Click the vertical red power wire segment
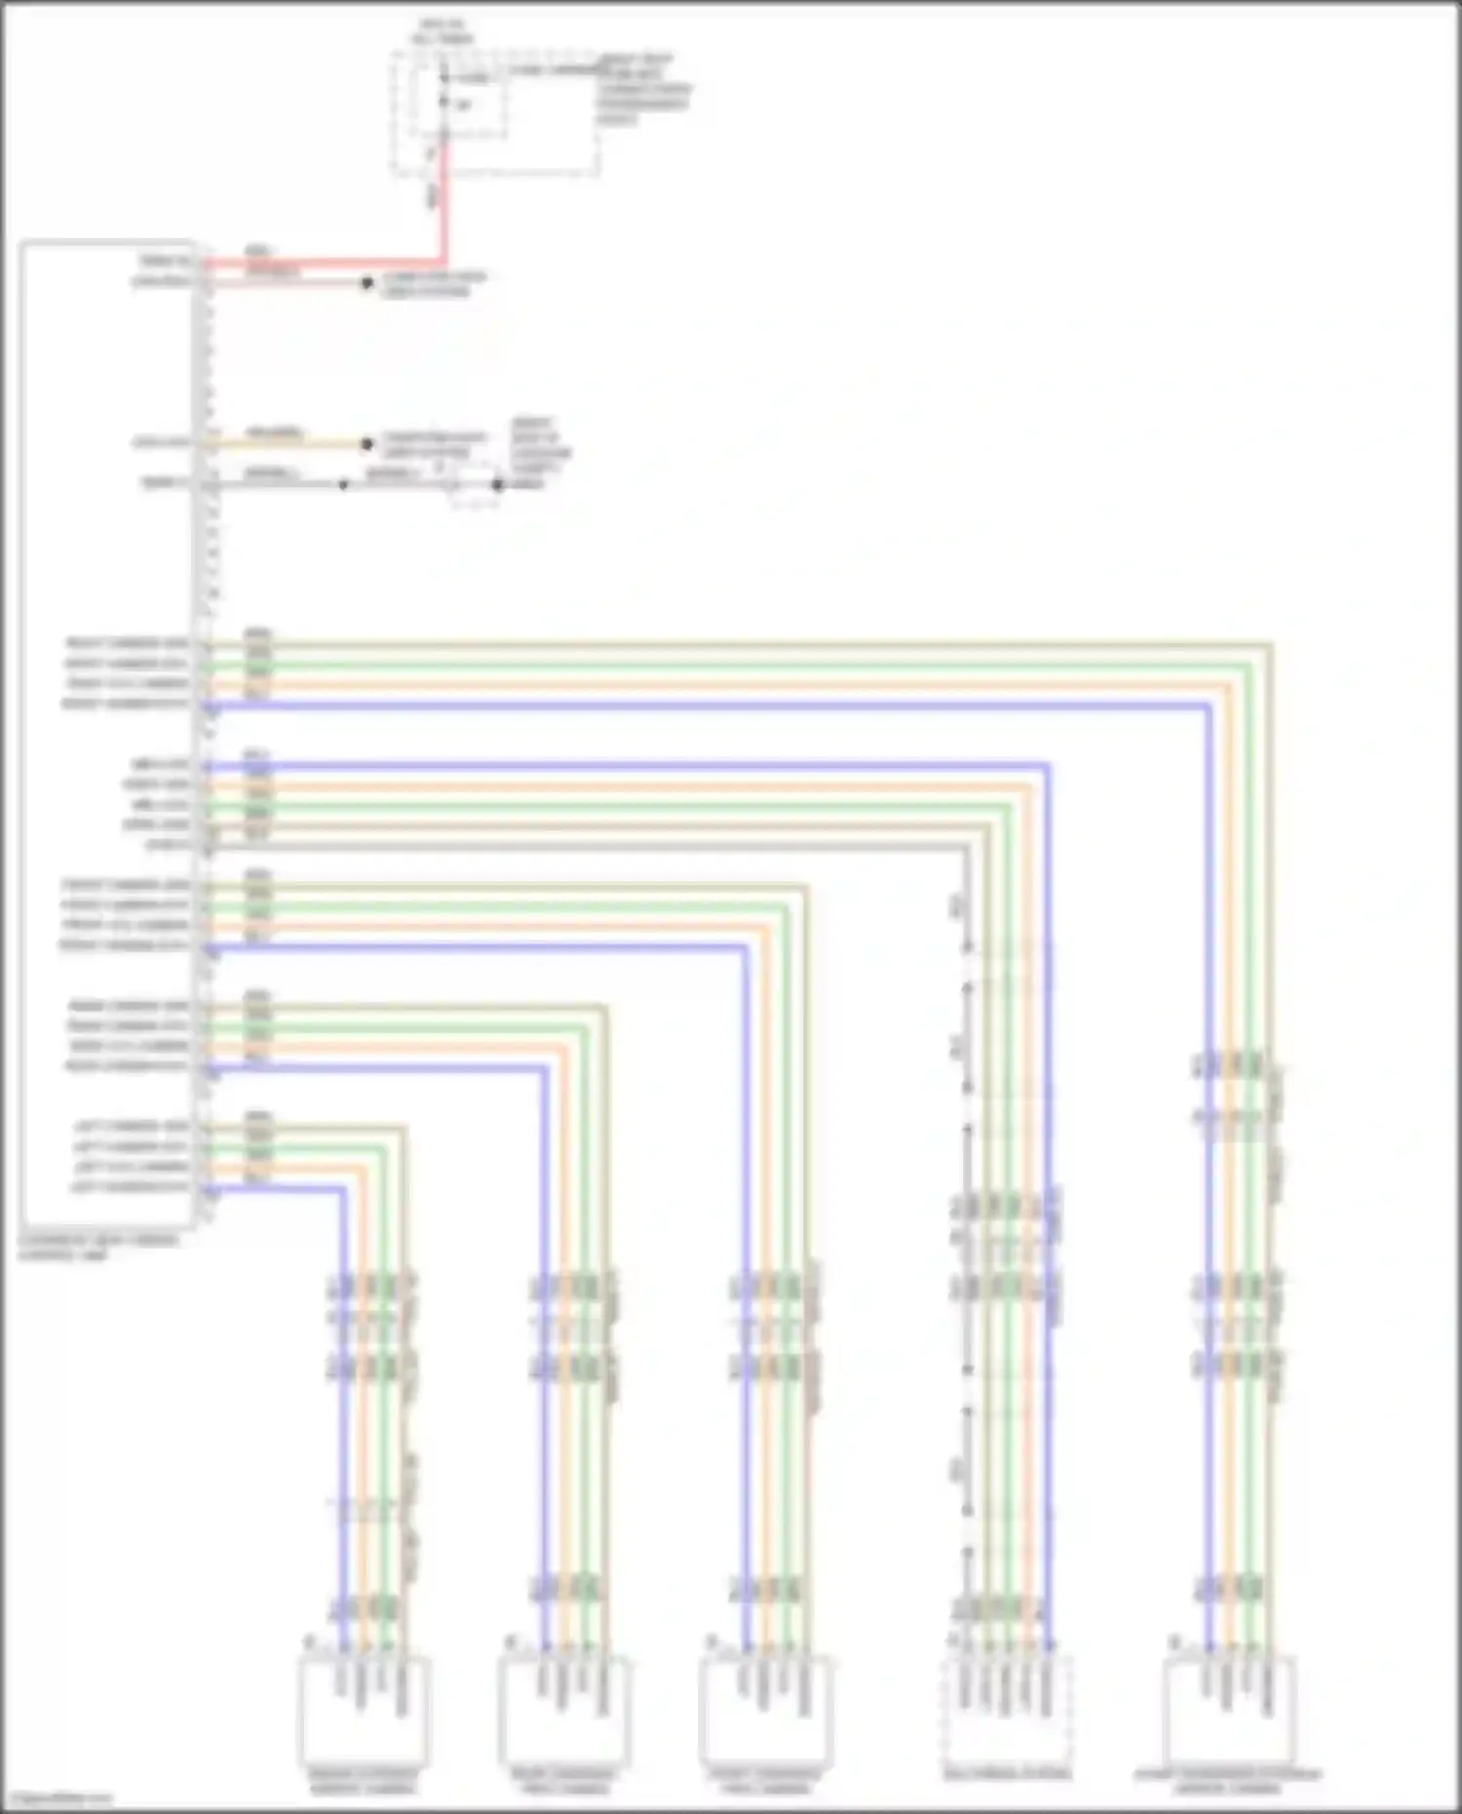tap(443, 205)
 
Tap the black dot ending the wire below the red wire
tap(367, 284)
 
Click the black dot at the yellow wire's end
tap(367, 444)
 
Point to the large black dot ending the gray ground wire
tap(498, 484)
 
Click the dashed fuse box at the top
tap(495, 115)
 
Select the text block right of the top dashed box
tap(643, 90)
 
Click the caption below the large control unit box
tap(97, 1248)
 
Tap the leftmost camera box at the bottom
tap(364, 1711)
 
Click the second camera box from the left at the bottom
tap(564, 1711)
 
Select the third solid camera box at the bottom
tap(766, 1711)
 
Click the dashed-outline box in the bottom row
tap(1007, 1711)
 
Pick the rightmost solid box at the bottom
tap(1230, 1711)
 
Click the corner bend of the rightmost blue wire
tap(1209, 706)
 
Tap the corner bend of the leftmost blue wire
tap(342, 1188)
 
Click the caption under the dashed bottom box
tap(1007, 1774)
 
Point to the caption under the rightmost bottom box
tap(1228, 1781)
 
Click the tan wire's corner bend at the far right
tap(1271, 643)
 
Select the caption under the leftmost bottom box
tap(364, 1781)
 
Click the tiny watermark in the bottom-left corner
tap(58, 1798)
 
